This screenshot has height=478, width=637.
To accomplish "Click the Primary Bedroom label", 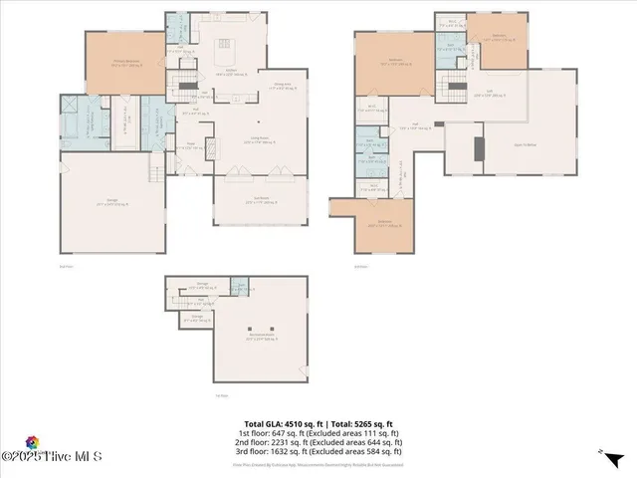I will [x=125, y=62].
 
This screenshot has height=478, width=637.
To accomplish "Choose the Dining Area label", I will [x=284, y=85].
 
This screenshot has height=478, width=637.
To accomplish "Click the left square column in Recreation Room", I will [x=255, y=328].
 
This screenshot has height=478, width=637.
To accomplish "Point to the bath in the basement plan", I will [x=240, y=288].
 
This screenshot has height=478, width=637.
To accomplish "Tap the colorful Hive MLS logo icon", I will [x=35, y=442].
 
